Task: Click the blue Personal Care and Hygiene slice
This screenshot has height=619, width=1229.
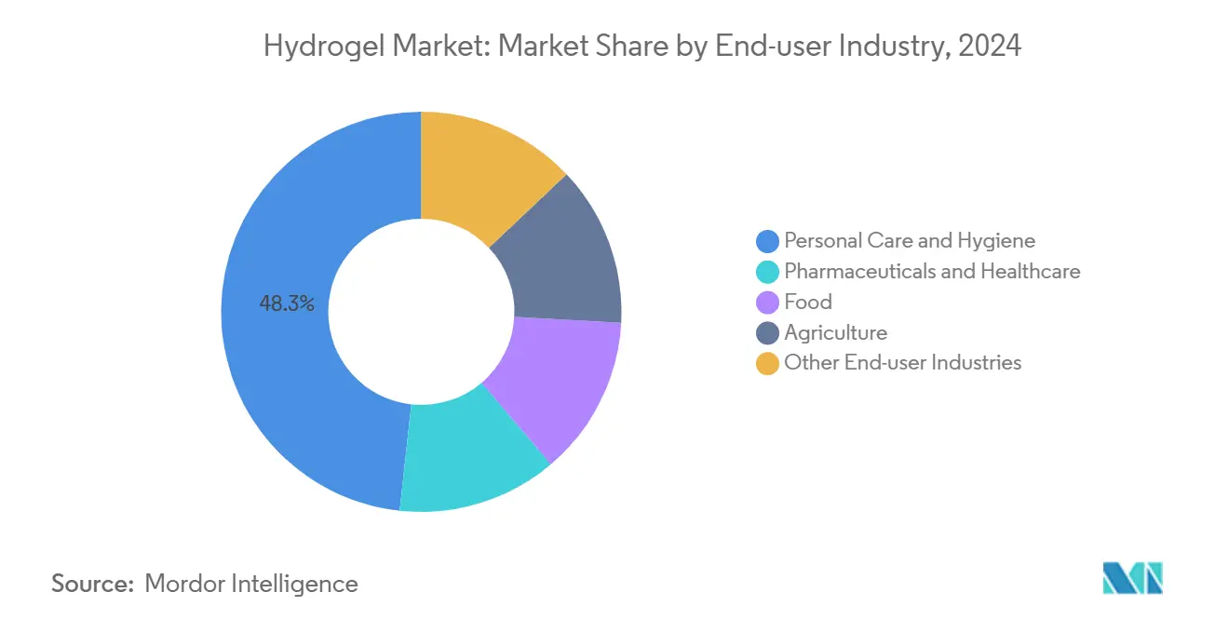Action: [279, 372]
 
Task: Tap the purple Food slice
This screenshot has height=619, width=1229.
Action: [559, 382]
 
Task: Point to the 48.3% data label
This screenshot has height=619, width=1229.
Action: [287, 303]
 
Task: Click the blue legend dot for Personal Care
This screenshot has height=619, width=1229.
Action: [767, 241]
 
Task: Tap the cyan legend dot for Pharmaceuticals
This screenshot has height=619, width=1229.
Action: [767, 272]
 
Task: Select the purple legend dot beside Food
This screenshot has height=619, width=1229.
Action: [767, 303]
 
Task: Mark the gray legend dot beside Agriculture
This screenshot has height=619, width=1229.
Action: [767, 333]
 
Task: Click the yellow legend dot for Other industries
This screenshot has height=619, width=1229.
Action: [767, 364]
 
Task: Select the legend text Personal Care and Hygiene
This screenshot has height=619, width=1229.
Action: [909, 241]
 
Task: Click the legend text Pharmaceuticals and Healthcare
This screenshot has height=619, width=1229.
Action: [932, 272]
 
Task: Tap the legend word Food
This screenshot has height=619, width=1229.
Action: [807, 303]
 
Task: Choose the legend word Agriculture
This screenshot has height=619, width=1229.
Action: [835, 333]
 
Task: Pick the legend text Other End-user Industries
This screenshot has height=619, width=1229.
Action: [902, 364]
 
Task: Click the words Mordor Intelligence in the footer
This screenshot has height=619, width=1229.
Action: [251, 584]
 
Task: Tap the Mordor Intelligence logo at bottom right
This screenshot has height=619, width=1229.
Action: [1132, 578]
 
